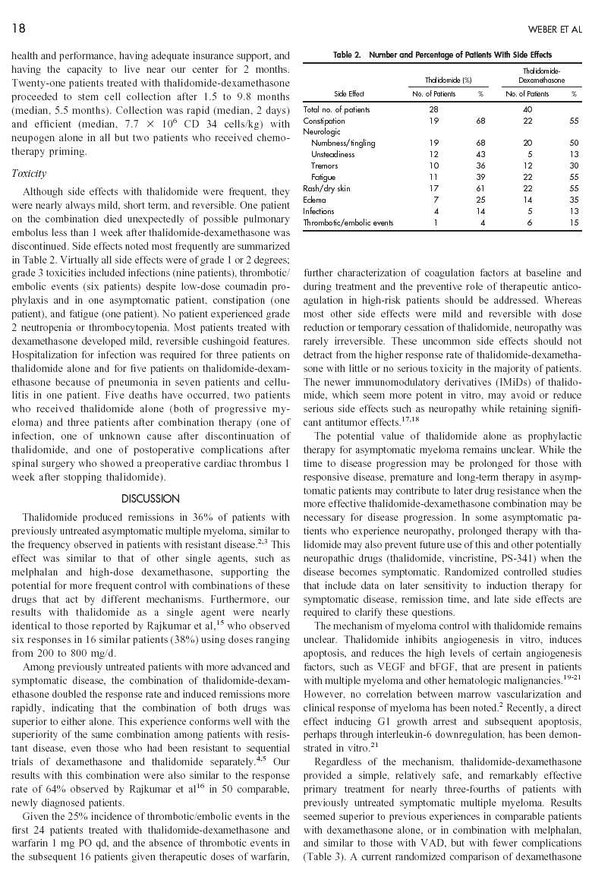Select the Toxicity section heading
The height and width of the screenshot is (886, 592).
[28, 173]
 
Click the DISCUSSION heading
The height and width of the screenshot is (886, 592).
[150, 499]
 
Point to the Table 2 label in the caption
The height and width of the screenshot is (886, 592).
[348, 55]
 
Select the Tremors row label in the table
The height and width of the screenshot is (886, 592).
[325, 166]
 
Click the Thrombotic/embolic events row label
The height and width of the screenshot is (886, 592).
[348, 222]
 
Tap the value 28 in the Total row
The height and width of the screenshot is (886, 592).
[434, 109]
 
